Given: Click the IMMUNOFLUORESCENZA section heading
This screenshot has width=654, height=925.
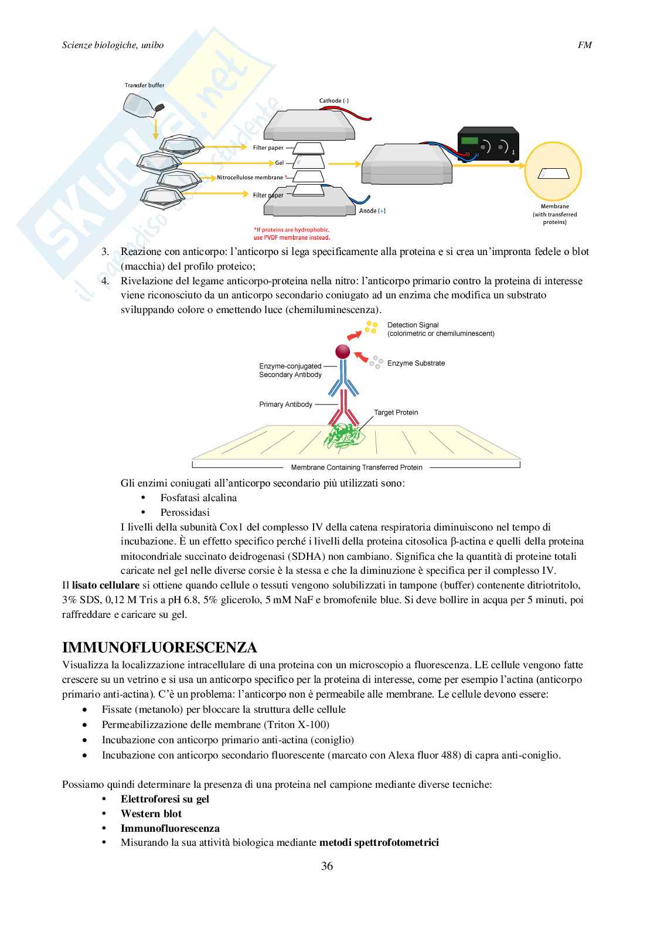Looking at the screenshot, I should [x=159, y=648].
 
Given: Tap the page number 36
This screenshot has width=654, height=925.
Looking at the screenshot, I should [x=327, y=866].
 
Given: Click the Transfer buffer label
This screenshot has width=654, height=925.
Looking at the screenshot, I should [x=144, y=86].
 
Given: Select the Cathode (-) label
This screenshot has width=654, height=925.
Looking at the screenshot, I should [x=333, y=101].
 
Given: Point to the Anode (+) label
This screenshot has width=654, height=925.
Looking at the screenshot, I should [x=372, y=211].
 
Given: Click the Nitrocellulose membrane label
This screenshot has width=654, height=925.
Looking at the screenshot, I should [x=250, y=178].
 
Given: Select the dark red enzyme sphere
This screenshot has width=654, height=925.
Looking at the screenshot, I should [x=342, y=352].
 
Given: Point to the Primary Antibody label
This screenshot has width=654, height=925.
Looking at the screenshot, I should [x=285, y=404].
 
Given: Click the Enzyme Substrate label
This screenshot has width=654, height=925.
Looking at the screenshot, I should [x=415, y=363].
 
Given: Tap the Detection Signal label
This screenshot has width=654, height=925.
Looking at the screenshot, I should [x=413, y=325].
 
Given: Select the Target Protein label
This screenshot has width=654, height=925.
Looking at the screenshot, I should [x=396, y=413].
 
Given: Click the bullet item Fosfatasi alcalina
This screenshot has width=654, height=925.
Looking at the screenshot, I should [x=199, y=498].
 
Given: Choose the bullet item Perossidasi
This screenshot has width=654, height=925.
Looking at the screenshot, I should [x=185, y=512].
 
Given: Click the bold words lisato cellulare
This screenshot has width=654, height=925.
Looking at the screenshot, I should [x=105, y=585].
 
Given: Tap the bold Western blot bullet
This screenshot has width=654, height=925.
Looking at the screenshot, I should [x=151, y=814].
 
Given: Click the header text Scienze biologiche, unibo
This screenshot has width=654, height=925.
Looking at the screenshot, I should [x=113, y=45].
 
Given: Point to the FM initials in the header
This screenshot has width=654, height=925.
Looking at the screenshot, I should [x=584, y=45].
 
